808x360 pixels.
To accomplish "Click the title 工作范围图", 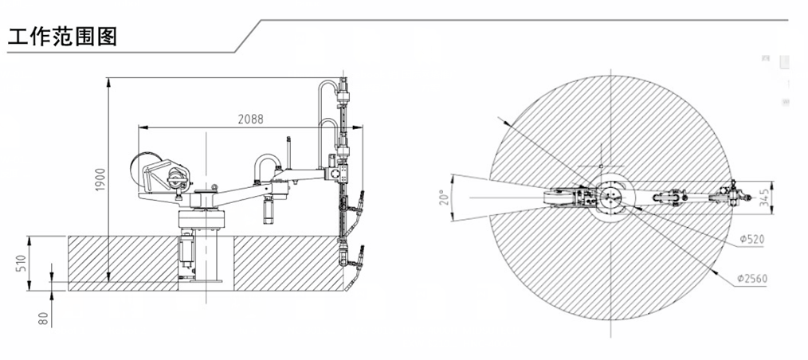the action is (62, 37).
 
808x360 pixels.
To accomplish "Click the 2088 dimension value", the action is (250, 119).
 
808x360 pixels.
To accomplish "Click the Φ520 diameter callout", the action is (751, 240).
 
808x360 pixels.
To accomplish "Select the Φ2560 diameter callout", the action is (752, 279).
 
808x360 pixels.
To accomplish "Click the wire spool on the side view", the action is (145, 170).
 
